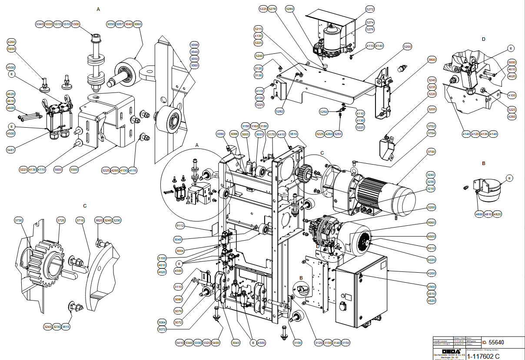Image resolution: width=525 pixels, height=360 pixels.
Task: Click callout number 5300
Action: pyautogui.click(x=76, y=24)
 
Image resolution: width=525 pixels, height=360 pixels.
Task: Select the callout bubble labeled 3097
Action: pyautogui.click(x=120, y=24)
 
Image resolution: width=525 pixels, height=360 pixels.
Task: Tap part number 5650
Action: pyautogui.click(x=11, y=49)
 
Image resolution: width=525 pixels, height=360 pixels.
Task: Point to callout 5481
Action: pyautogui.click(x=11, y=150)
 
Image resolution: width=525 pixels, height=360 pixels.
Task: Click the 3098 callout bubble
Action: pyautogui.click(x=194, y=45)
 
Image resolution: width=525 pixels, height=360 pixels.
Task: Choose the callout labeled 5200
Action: pyautogui.click(x=407, y=46)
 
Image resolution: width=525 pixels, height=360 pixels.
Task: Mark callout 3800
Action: pyautogui.click(x=432, y=59)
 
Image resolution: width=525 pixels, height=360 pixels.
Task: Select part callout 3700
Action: pyautogui.click(x=431, y=152)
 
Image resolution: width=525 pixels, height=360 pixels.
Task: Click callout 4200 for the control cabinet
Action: pyautogui.click(x=431, y=273)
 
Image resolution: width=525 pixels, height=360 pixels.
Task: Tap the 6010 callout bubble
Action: pyautogui.click(x=431, y=248)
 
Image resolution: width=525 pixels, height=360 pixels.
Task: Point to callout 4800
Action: pyautogui.click(x=479, y=214)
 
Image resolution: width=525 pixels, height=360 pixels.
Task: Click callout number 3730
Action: pyautogui.click(x=18, y=221)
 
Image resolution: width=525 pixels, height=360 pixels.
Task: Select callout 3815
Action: pyautogui.click(x=66, y=327)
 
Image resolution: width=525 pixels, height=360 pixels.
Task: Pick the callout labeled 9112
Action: pyautogui.click(x=180, y=226)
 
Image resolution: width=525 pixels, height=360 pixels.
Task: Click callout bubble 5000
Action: pyautogui.click(x=512, y=62)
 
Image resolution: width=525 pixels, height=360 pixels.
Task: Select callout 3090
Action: pyautogui.click(x=221, y=134)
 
